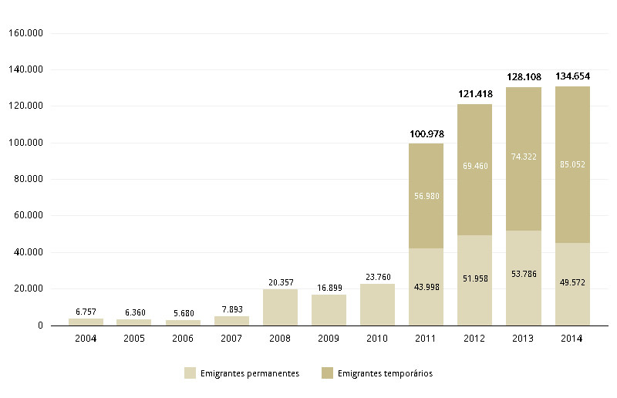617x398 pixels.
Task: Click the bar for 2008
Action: point(280,307)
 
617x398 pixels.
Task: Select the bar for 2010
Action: point(377,305)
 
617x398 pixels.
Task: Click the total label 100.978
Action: point(426,134)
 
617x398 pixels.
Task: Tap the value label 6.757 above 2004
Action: point(86,312)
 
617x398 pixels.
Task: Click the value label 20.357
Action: point(280,282)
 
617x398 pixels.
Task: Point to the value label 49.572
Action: point(572,282)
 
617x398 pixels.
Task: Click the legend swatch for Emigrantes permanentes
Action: point(190,373)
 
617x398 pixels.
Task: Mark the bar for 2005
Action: point(134,322)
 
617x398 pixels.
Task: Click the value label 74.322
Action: point(523,156)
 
